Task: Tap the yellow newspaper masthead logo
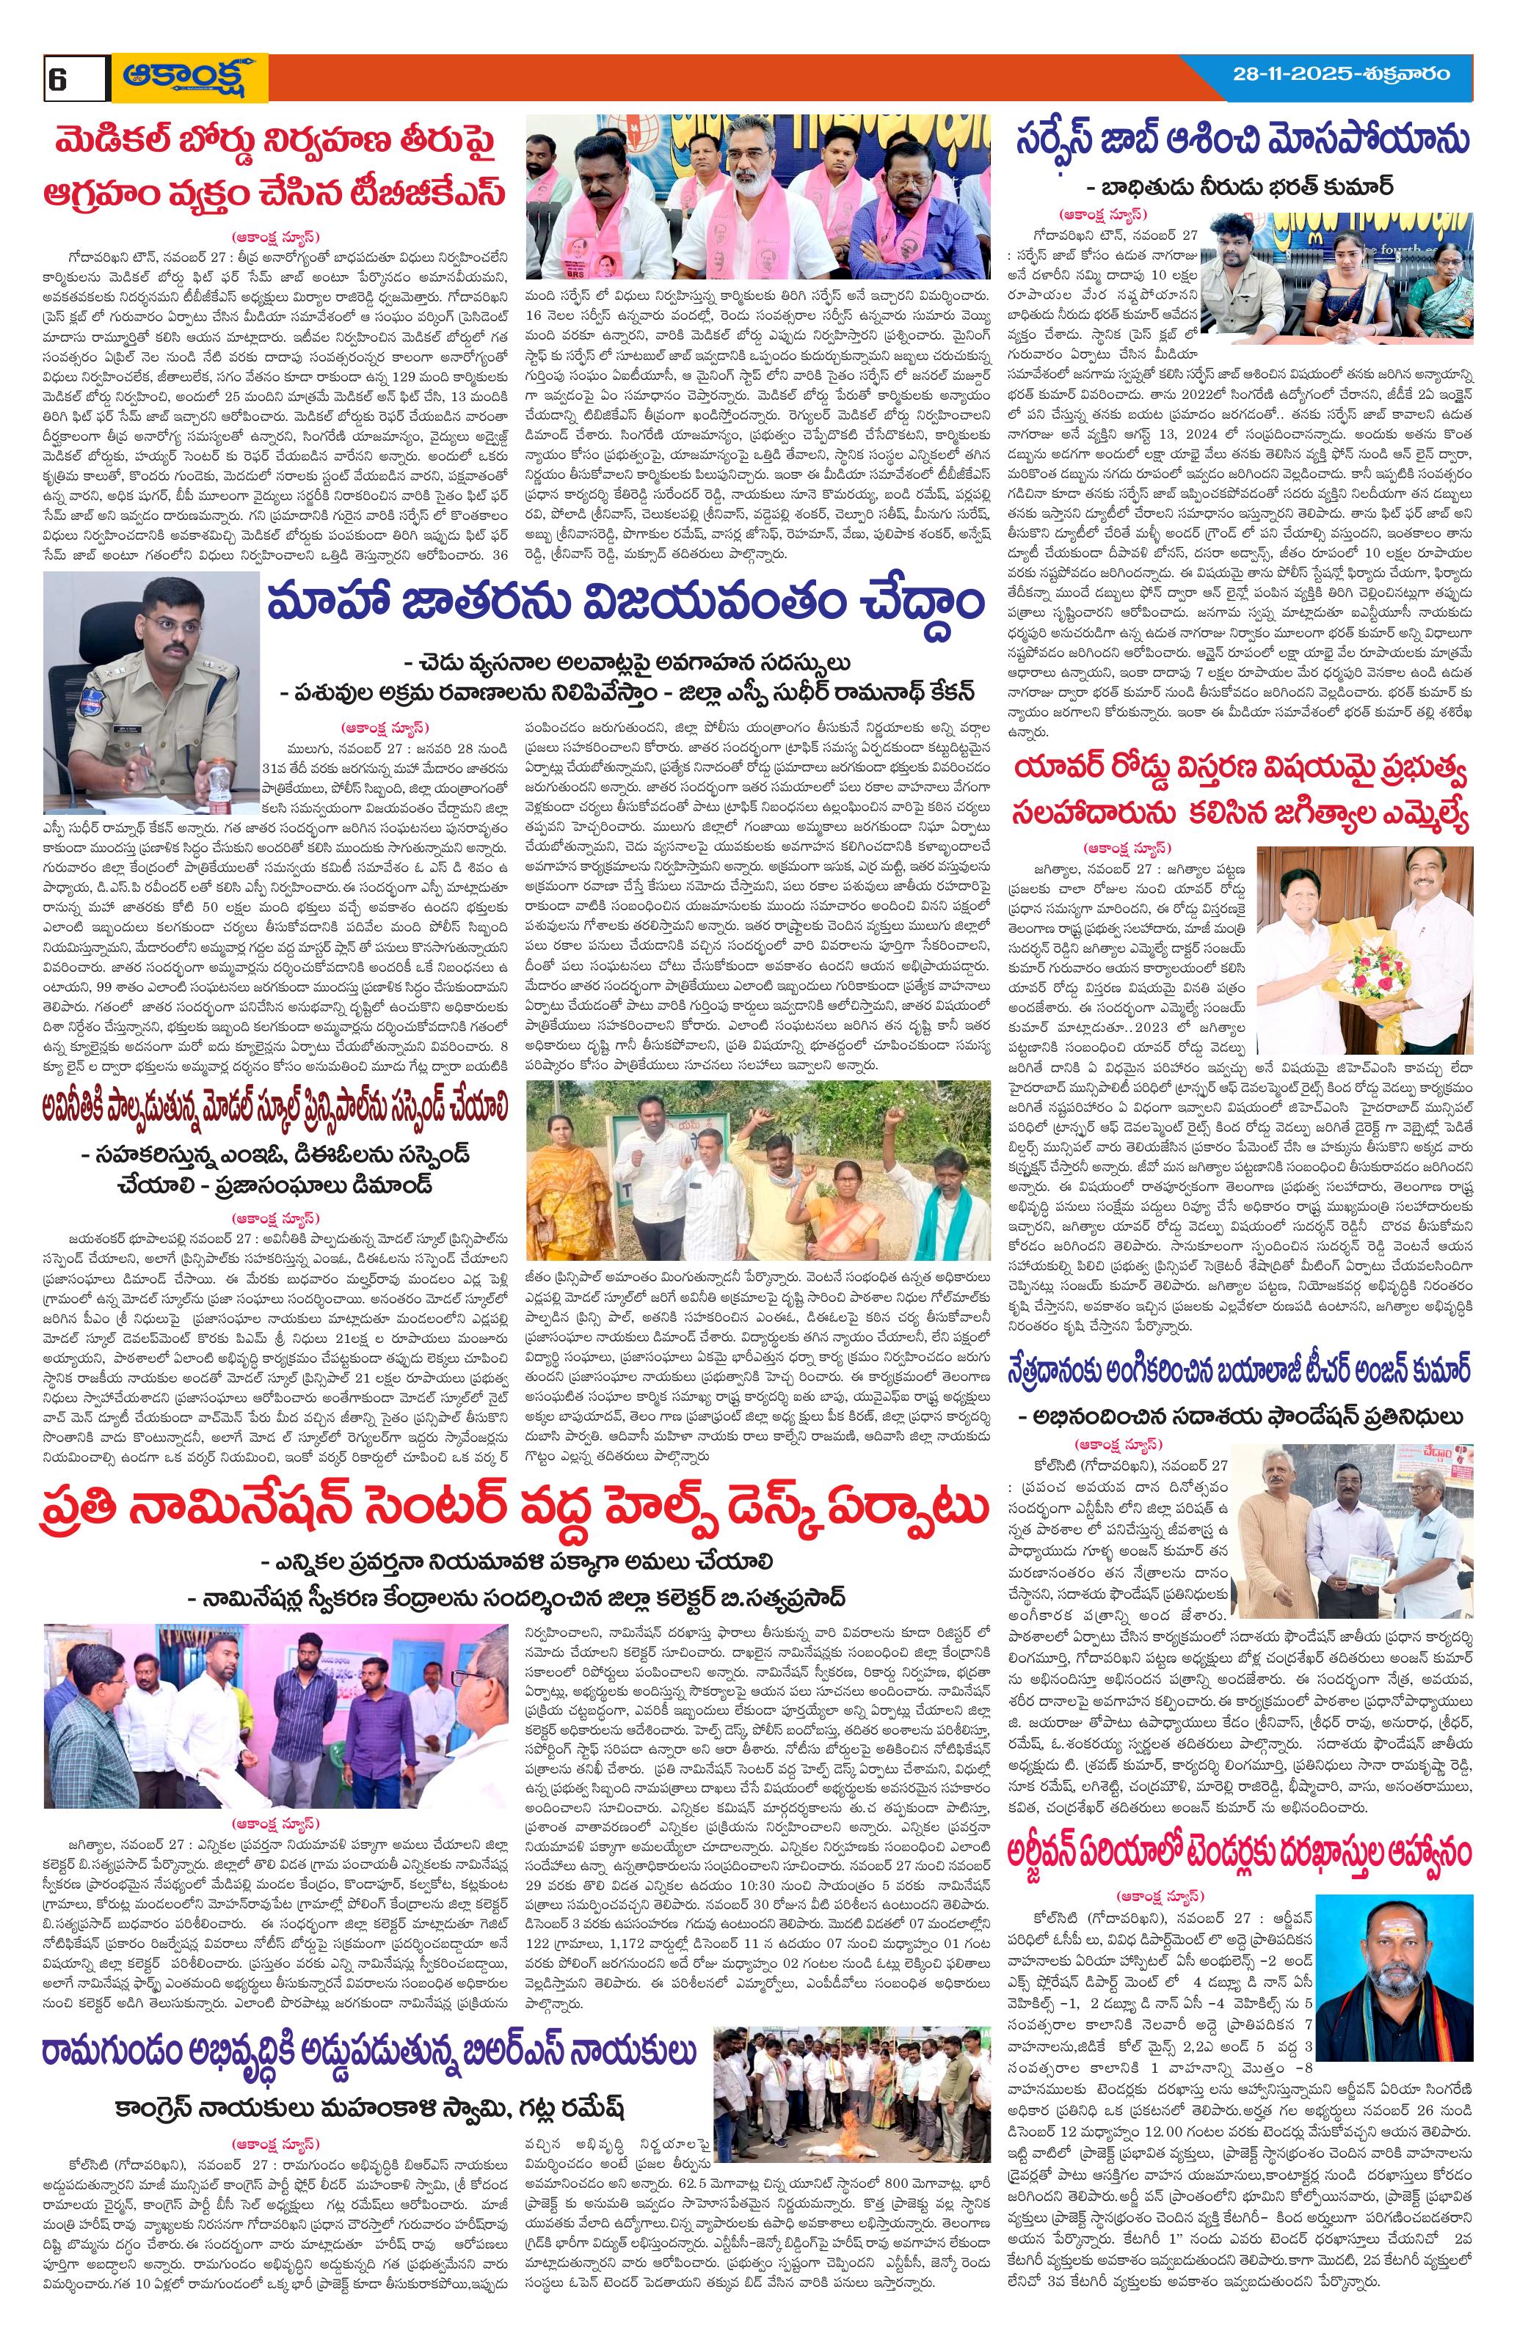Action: (190, 77)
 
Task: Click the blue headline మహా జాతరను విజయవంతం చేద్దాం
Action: (625, 604)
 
